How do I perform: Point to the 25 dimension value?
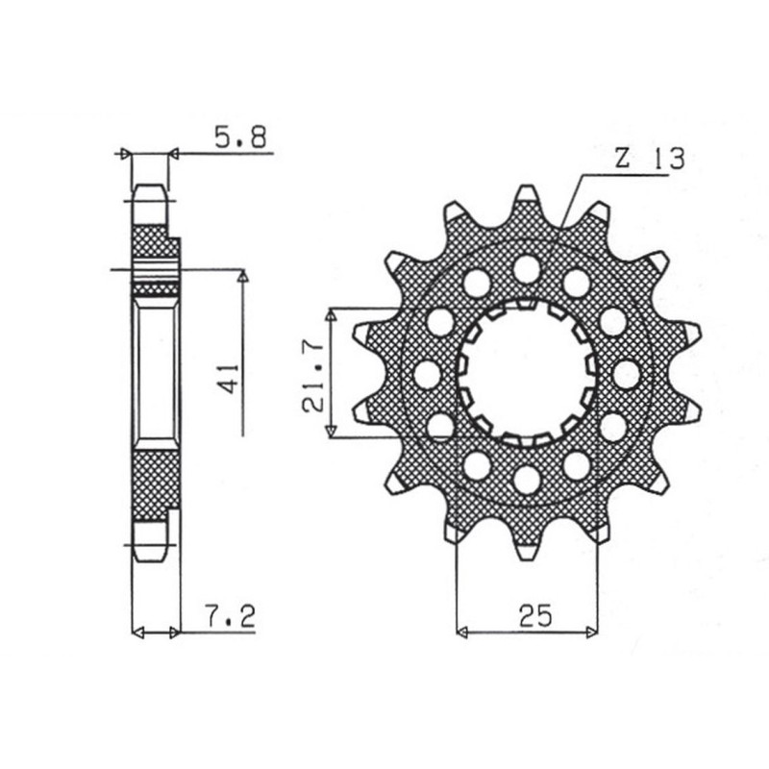tap(535, 616)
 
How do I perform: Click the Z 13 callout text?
tap(648, 161)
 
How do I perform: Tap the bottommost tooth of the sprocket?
tap(526, 549)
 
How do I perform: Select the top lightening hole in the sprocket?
tap(526, 268)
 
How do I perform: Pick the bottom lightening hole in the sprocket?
tap(526, 479)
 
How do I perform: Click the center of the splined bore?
tap(526, 374)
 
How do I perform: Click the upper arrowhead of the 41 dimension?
tap(242, 278)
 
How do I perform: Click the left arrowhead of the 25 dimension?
tap(462, 632)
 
